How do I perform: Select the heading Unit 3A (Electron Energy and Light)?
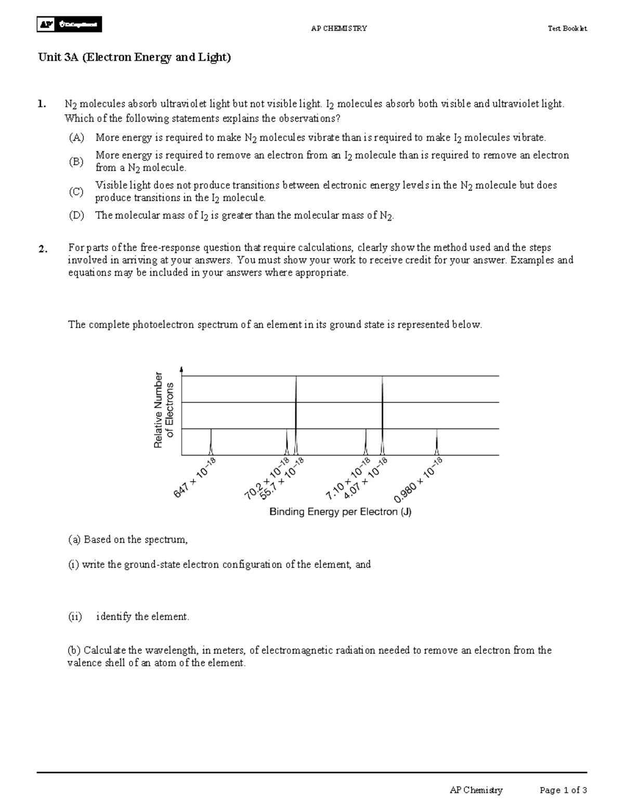(134, 57)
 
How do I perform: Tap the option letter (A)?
(76, 138)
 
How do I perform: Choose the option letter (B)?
(76, 162)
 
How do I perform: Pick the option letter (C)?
(76, 192)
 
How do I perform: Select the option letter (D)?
(76, 216)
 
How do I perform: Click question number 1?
(42, 104)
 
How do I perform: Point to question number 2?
(43, 249)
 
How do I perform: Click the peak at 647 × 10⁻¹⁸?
(211, 442)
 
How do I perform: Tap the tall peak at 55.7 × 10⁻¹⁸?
(296, 416)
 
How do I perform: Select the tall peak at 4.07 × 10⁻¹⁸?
(382, 416)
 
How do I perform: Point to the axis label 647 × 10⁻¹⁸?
(194, 478)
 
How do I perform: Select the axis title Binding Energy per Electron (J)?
(340, 512)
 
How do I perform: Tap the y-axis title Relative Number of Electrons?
(163, 410)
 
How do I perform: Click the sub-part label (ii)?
(75, 617)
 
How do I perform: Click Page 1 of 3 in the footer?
(563, 790)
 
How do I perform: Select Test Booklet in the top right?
(567, 29)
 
